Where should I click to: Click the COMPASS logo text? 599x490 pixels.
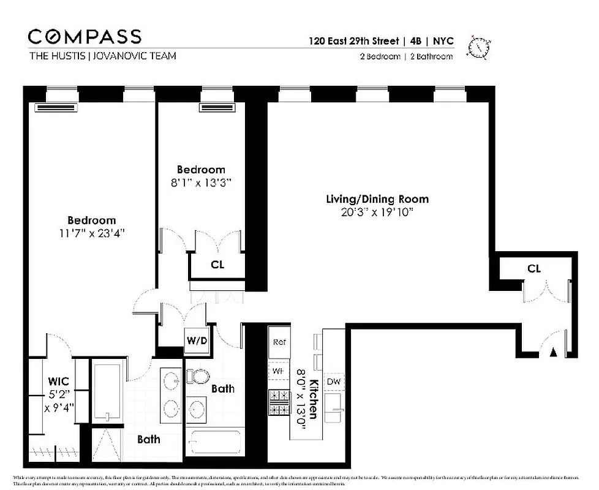[x=85, y=36]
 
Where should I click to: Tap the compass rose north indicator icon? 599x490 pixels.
[x=479, y=47]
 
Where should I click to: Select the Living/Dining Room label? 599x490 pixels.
[x=377, y=199]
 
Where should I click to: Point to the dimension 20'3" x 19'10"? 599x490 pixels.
[x=377, y=212]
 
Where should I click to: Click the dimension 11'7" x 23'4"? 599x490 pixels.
[x=91, y=233]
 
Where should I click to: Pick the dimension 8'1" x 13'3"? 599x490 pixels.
[x=201, y=182]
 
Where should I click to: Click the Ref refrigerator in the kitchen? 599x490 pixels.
[x=280, y=342]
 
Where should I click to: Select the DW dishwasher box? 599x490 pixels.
[x=334, y=382]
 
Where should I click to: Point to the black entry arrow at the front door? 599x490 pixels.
[x=553, y=352]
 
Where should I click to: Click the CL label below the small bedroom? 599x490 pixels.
[x=217, y=265]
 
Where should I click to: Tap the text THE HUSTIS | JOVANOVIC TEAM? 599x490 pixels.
[x=102, y=56]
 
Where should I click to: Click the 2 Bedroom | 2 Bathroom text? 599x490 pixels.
[x=406, y=57]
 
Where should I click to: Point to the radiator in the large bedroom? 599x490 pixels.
[x=58, y=108]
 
